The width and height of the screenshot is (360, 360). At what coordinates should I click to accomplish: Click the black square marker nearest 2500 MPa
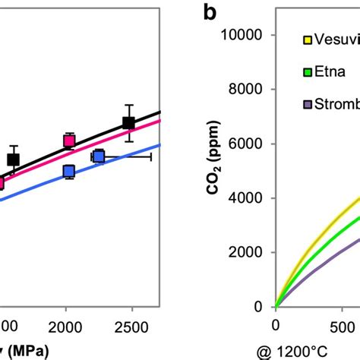pyautogui.click(x=129, y=123)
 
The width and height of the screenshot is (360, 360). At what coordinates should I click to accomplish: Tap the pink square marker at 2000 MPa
pyautogui.click(x=69, y=141)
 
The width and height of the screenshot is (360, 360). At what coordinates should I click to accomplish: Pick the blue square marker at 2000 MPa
pyautogui.click(x=69, y=172)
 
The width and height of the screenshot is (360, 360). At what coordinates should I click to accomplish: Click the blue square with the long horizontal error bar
pyautogui.click(x=98, y=156)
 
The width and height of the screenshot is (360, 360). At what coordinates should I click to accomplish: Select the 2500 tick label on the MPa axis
pyautogui.click(x=131, y=326)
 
